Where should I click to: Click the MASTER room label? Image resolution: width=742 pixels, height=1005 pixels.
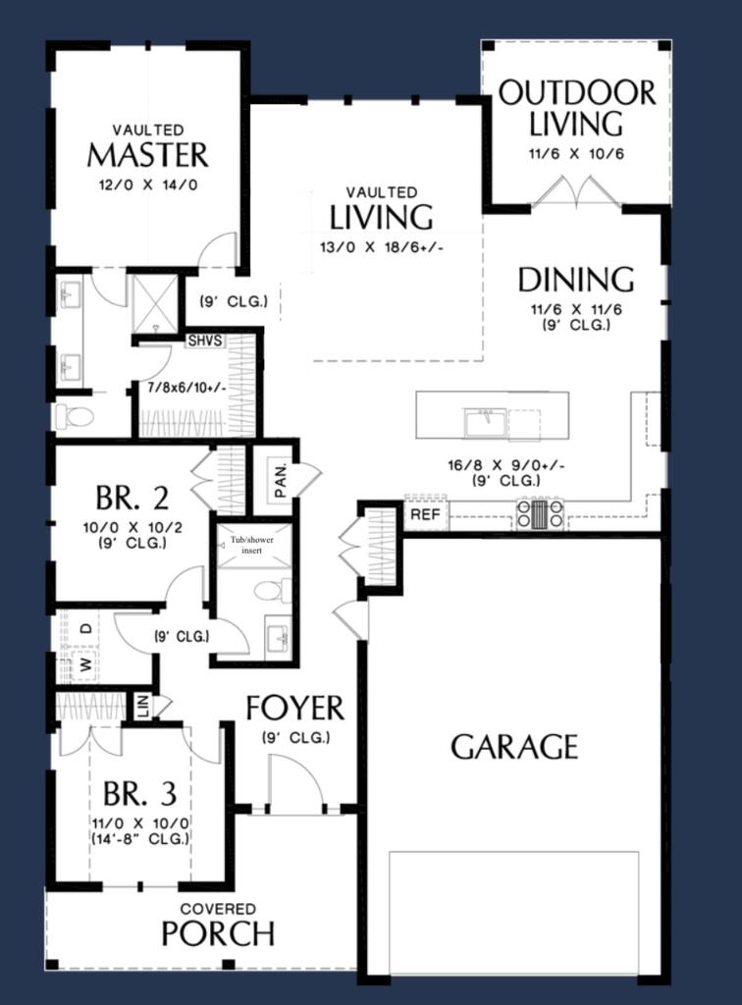tap(148, 155)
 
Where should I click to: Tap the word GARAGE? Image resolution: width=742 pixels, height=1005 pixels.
tap(514, 747)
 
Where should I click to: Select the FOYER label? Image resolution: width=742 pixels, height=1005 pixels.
tap(295, 709)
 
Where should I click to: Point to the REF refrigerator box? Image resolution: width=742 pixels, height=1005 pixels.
tap(425, 514)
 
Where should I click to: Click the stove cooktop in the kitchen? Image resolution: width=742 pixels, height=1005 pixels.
tap(541, 514)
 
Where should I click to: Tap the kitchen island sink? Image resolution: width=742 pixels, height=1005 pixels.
tap(486, 424)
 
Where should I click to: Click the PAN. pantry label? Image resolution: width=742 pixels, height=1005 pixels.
tap(280, 481)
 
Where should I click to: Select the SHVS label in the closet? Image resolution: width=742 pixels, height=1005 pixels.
tap(205, 341)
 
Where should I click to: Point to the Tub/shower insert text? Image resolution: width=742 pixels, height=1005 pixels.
tap(252, 545)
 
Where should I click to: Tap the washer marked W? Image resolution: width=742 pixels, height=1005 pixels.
tap(84, 665)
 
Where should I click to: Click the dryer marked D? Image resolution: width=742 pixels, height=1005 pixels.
tap(85, 628)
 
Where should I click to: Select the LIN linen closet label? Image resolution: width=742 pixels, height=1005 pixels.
tap(143, 706)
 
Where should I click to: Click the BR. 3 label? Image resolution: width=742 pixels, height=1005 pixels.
tap(140, 794)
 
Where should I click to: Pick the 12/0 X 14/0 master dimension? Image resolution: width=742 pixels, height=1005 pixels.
tap(148, 185)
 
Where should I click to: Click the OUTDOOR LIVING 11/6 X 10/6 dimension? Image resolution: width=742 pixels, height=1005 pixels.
tap(576, 154)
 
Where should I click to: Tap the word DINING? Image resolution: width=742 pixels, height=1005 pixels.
tap(576, 280)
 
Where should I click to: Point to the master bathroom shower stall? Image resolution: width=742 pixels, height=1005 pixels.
tap(155, 303)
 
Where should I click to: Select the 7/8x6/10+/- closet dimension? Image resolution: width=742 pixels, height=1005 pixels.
tap(184, 388)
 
